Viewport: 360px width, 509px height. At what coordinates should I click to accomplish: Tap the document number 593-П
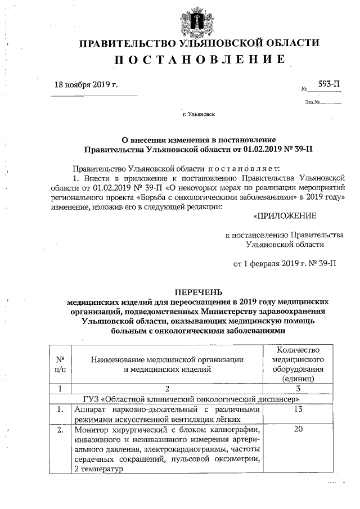329,84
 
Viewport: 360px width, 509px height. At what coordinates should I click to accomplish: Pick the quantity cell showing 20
298,430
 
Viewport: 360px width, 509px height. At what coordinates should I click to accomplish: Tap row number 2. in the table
60,430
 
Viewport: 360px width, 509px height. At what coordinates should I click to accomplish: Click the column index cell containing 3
298,389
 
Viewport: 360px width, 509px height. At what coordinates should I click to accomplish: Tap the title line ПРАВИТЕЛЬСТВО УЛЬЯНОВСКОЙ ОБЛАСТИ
199,43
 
